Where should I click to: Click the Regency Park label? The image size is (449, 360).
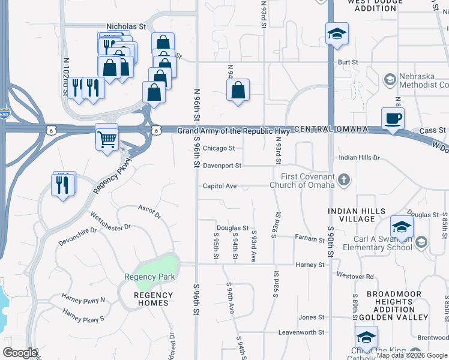click(x=149, y=277)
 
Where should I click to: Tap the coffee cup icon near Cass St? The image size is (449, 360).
click(x=393, y=119)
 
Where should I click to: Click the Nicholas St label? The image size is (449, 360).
click(x=126, y=27)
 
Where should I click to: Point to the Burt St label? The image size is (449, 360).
click(x=348, y=62)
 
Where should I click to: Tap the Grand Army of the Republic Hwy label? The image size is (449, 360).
click(x=234, y=131)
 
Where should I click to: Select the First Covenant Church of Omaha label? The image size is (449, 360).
click(x=307, y=180)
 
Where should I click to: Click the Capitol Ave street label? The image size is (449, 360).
click(x=219, y=186)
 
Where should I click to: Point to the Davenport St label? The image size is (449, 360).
click(x=221, y=166)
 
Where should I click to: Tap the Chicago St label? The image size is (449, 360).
click(x=218, y=148)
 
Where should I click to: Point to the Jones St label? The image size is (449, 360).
click(x=312, y=317)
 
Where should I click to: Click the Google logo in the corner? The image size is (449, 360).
click(x=20, y=352)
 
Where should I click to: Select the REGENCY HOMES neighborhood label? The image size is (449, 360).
click(x=153, y=299)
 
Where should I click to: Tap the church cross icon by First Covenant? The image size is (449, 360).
click(x=344, y=179)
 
